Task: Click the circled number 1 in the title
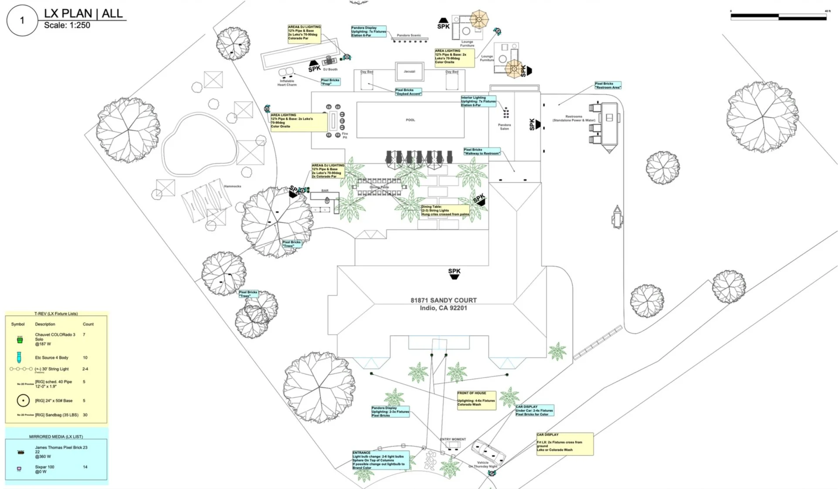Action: pyautogui.click(x=22, y=21)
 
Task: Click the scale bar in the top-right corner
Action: pyautogui.click(x=778, y=17)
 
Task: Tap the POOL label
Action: pyautogui.click(x=411, y=120)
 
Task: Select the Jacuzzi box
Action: pyautogui.click(x=409, y=72)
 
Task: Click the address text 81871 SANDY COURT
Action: pyautogui.click(x=443, y=301)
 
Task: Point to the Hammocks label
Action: pyautogui.click(x=232, y=186)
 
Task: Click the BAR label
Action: pyautogui.click(x=325, y=191)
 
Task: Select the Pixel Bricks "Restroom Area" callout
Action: pyautogui.click(x=607, y=85)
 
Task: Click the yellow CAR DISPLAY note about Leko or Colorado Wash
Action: pyautogui.click(x=564, y=444)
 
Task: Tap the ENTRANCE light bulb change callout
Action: pyautogui.click(x=380, y=460)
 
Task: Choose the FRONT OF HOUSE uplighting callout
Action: pyautogui.click(x=476, y=400)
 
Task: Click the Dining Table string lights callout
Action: pyautogui.click(x=445, y=211)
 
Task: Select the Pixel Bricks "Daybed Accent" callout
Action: pyautogui.click(x=408, y=92)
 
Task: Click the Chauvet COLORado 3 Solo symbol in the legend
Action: pyautogui.click(x=20, y=340)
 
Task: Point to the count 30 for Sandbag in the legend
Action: pyautogui.click(x=85, y=415)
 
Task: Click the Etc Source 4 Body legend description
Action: pyautogui.click(x=51, y=358)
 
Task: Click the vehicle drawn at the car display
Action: pyautogui.click(x=489, y=451)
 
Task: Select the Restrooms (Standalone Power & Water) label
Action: pyautogui.click(x=573, y=118)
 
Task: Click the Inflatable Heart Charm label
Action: pyautogui.click(x=287, y=83)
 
